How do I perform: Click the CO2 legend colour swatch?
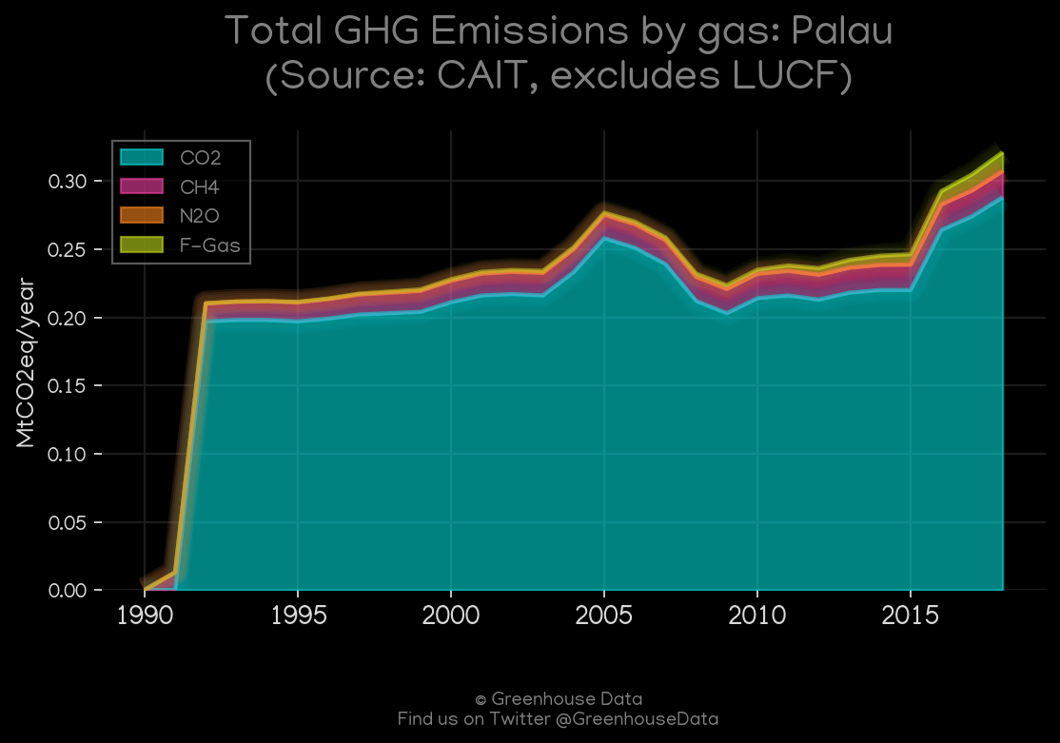pos(142,157)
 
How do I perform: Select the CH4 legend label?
pos(200,186)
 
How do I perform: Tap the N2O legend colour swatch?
pos(142,215)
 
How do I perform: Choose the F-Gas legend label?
pos(210,244)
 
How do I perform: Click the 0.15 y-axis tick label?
pos(68,385)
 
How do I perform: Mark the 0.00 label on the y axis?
pos(68,590)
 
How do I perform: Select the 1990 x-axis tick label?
pos(145,616)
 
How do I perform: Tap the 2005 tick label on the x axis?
pos(603,616)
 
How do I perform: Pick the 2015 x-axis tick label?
pos(911,616)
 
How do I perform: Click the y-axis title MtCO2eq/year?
pos(26,362)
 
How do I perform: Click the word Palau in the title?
pos(842,31)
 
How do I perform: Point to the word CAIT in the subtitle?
pos(481,75)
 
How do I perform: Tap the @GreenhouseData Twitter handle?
pos(637,718)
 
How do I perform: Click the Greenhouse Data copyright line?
pos(559,699)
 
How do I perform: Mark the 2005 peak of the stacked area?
pos(603,213)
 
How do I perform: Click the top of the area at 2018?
pos(1003,153)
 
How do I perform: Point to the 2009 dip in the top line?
pos(727,284)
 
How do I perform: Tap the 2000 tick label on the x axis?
pos(451,616)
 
